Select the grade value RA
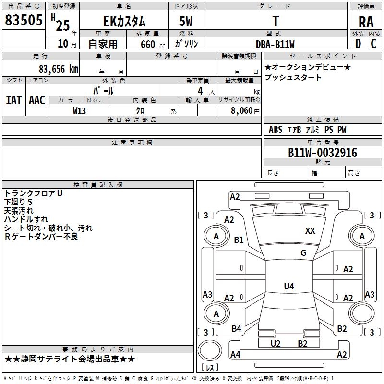tap(366, 22)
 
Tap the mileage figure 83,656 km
tap(59, 69)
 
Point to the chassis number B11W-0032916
tap(323, 153)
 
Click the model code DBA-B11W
tap(276, 44)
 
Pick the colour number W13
tap(80, 111)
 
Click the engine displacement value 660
tap(147, 44)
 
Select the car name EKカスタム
tap(124, 22)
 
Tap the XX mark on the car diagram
tap(310, 231)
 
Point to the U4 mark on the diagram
tap(288, 287)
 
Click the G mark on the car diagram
tap(303, 253)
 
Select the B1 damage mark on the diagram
tap(239, 240)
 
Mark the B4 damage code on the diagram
tap(236, 329)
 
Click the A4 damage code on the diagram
tap(235, 355)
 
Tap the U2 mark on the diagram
tap(276, 343)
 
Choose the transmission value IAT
tap(13, 100)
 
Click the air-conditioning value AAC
tap(37, 100)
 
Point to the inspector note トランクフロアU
tap(34, 193)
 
